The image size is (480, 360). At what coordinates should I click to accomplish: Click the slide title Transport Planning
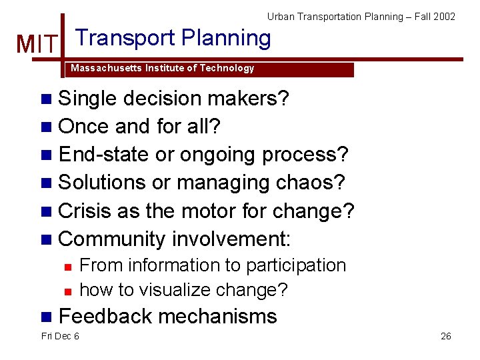tap(173, 38)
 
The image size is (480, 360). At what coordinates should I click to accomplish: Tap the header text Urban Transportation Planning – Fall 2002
tap(361, 16)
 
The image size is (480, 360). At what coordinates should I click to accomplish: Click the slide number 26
tap(445, 336)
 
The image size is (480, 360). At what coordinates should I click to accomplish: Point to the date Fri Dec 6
tap(60, 336)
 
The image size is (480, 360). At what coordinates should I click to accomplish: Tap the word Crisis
tap(85, 211)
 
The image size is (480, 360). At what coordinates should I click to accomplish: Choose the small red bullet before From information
tap(67, 266)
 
